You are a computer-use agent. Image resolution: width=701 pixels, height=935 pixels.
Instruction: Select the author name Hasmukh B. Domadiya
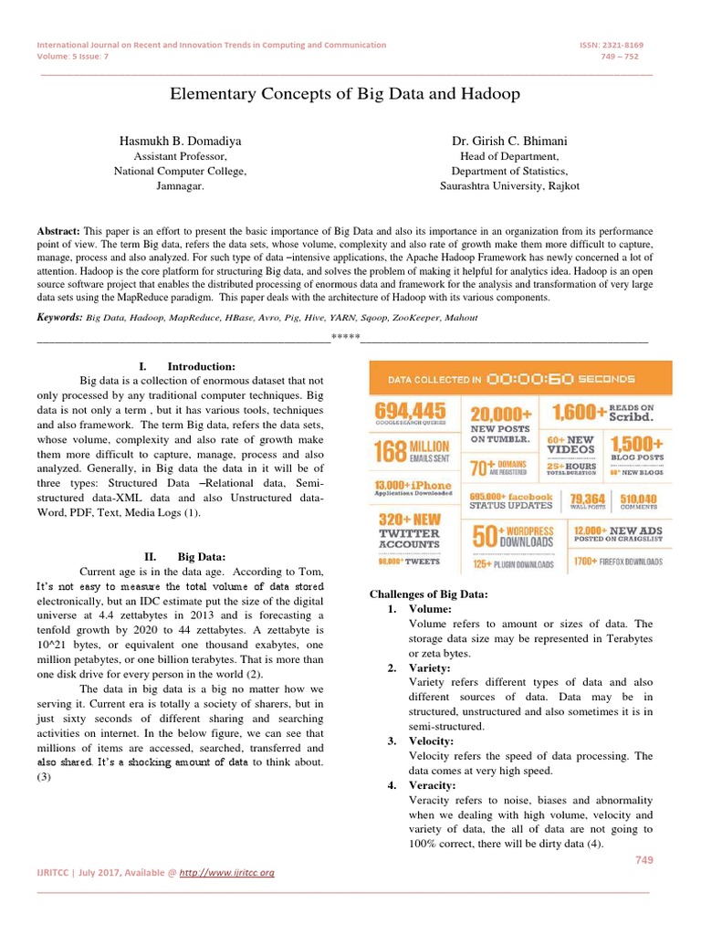180,142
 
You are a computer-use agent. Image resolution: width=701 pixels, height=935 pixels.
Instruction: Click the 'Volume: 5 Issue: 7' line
72,56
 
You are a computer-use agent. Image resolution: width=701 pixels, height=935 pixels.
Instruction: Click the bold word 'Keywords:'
59,317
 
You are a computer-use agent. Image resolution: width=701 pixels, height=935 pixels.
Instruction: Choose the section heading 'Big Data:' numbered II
202,556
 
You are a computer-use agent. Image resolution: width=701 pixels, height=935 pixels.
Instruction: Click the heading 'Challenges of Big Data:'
428,594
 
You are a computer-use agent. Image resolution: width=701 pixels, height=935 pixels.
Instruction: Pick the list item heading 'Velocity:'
431,741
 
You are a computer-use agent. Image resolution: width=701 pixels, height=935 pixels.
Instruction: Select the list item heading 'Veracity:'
432,785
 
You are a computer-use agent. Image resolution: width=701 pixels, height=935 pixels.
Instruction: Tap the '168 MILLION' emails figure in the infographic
412,451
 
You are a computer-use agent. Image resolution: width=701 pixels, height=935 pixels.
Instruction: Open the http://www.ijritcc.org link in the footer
227,872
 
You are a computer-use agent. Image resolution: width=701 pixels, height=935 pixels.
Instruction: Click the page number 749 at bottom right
643,860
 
